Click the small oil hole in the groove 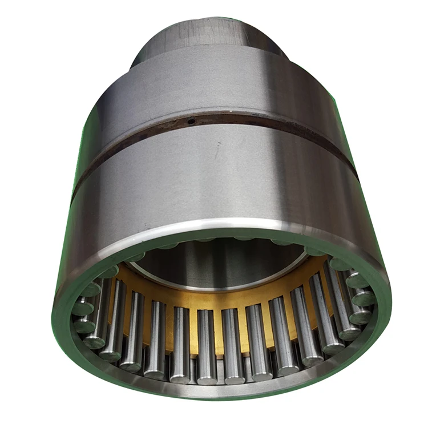[192, 120]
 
